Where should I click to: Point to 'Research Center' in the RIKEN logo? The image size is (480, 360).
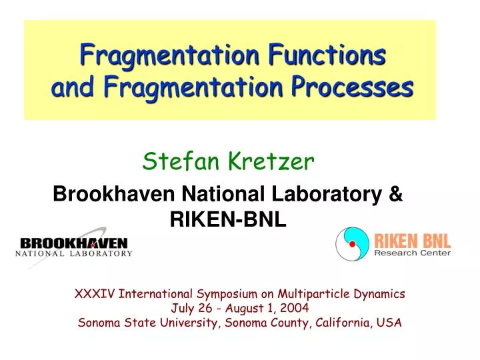point(412,252)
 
